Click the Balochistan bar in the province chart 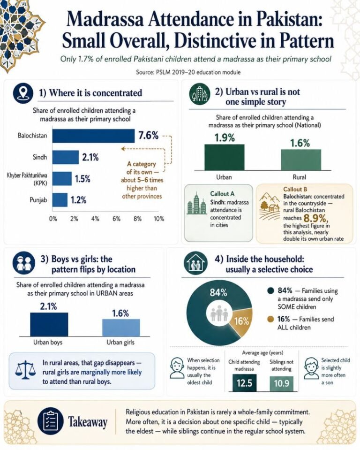coord(93,136)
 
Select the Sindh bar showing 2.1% coord(65,157)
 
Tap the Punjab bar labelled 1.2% coord(60,200)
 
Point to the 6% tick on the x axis coord(116,219)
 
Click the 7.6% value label coord(149,135)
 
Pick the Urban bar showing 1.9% coord(225,157)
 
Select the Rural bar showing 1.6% coord(301,160)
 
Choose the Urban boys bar coord(49,324)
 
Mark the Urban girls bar coord(121,328)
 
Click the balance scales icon coord(25,370)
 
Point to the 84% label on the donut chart coord(218,292)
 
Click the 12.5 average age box coord(244,383)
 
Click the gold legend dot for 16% coord(270,319)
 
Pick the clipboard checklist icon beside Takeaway coord(50,421)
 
